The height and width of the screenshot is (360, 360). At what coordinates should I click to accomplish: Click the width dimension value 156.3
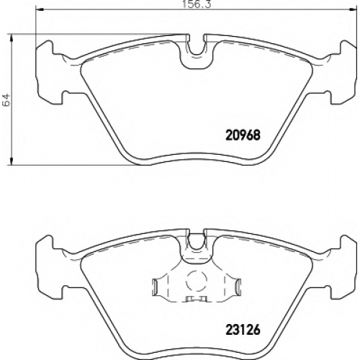(x=197, y=4)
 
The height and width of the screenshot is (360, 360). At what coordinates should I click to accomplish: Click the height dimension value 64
(x=6, y=99)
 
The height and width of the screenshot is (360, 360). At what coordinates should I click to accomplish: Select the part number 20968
(x=243, y=135)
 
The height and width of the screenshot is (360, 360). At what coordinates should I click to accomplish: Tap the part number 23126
(x=243, y=330)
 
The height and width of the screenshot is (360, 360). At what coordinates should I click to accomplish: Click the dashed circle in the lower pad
(x=197, y=282)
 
